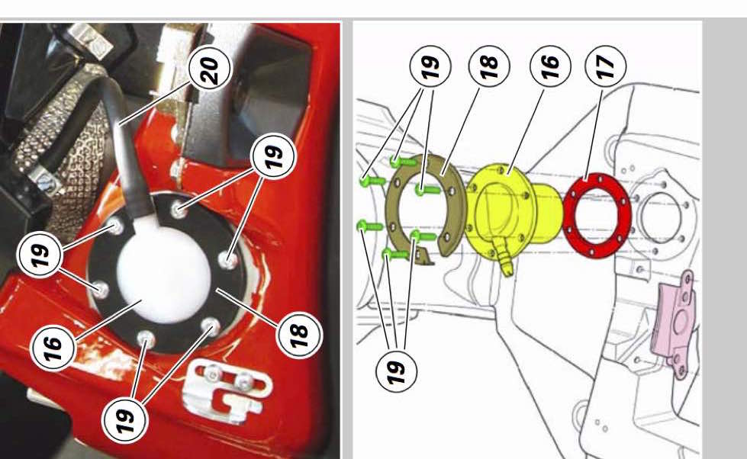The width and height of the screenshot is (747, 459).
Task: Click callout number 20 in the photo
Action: [x=210, y=69]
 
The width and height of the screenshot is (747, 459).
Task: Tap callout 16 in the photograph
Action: [x=53, y=348]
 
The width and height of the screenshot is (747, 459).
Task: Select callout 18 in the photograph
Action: [x=298, y=335]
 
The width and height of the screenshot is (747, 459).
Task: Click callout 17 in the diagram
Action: [x=606, y=66]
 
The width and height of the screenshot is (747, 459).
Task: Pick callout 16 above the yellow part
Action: [x=550, y=66]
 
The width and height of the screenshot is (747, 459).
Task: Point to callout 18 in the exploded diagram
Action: [x=489, y=66]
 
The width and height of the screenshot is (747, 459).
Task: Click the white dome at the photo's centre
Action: [x=163, y=272]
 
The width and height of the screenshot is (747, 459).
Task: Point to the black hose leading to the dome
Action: [x=129, y=152]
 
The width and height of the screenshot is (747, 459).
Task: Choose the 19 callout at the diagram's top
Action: [x=430, y=66]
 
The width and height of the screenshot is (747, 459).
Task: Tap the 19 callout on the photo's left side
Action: [x=40, y=255]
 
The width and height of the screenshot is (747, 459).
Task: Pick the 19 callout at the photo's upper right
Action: [x=273, y=156]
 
